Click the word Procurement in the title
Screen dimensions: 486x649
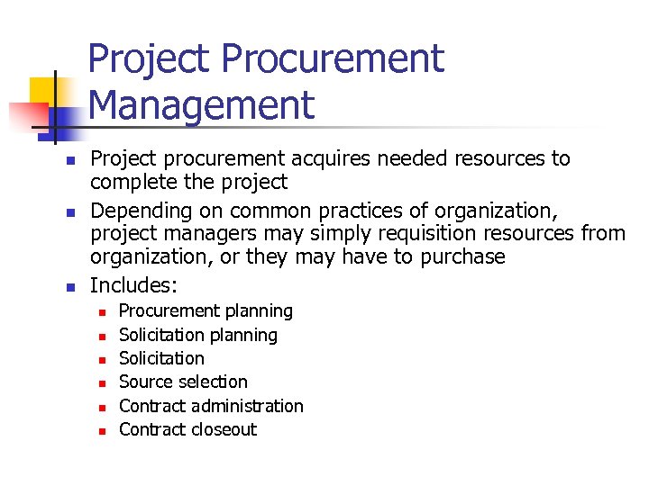333,59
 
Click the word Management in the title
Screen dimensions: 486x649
202,104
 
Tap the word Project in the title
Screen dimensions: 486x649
150,59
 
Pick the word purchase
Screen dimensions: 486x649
460,257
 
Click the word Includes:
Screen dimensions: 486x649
134,286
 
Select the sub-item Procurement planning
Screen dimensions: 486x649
206,311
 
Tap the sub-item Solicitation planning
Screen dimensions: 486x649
198,335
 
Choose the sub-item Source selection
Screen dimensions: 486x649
183,382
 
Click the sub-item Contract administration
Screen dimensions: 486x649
211,406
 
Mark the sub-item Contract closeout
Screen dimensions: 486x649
187,429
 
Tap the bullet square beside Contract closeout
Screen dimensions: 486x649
103,431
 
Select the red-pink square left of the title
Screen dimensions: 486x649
27,116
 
